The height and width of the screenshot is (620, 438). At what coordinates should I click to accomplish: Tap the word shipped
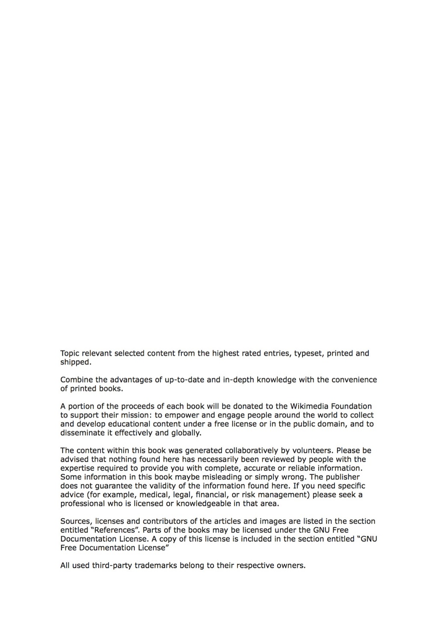tap(75, 362)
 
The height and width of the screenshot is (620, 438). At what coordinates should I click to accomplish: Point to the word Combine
tap(75, 380)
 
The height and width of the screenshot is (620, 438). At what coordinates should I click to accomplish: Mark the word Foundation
tap(351, 406)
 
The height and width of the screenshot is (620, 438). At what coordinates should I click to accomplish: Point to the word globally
tap(186, 433)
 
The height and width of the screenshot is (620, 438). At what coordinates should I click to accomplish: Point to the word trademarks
tap(157, 566)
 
